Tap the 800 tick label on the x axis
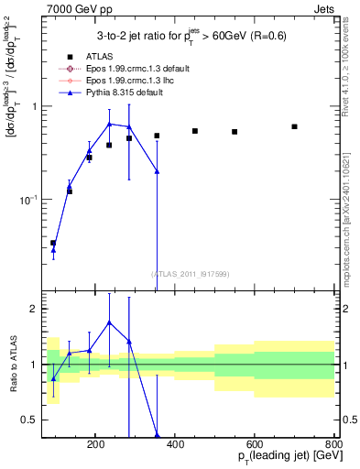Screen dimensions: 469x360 333,442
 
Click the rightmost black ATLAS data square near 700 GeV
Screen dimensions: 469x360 294,126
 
